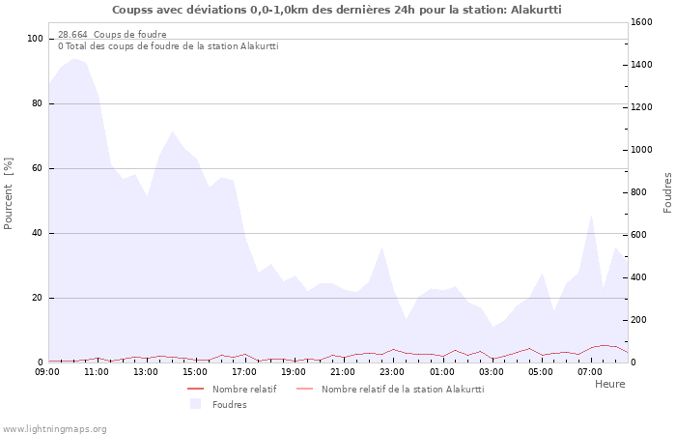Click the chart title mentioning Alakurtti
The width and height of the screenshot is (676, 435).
(336, 10)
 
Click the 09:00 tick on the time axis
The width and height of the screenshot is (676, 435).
(48, 371)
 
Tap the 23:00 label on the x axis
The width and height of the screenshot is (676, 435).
(392, 371)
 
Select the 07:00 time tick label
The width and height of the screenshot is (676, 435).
(589, 371)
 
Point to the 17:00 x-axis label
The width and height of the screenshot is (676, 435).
(244, 371)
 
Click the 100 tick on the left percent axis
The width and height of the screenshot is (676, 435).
(36, 39)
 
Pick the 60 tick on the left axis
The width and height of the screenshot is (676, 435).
(38, 168)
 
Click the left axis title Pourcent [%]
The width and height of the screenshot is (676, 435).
(9, 194)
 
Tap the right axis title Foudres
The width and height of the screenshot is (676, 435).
(667, 192)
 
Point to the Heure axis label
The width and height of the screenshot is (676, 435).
(609, 384)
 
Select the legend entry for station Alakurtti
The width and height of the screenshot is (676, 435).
(402, 389)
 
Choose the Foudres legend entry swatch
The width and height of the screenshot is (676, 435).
(196, 404)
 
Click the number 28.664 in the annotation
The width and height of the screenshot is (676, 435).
(72, 35)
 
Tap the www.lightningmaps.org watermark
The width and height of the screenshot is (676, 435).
(54, 429)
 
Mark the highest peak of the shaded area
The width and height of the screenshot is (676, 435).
(73, 59)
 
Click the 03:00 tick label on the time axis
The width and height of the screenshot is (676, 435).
(491, 371)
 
